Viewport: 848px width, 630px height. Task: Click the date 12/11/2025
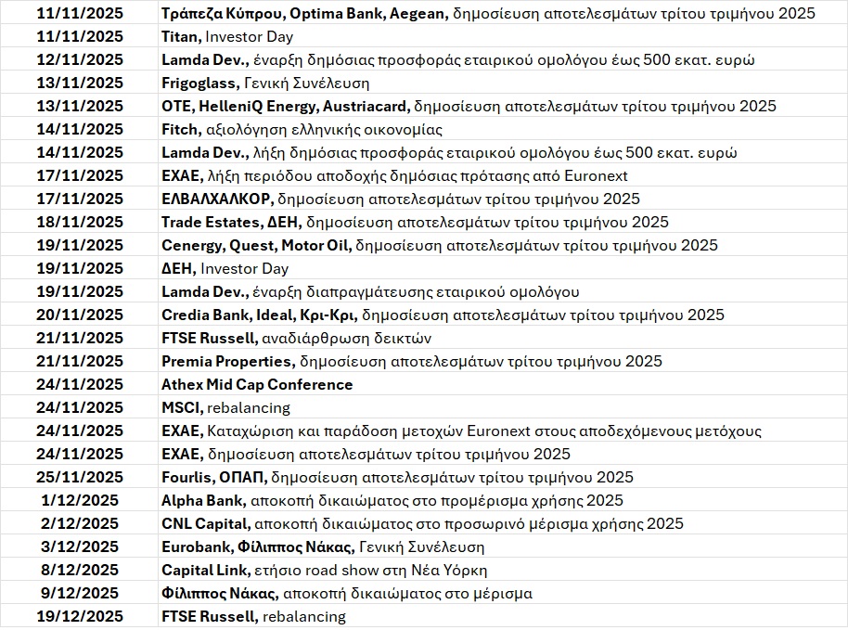coord(79,59)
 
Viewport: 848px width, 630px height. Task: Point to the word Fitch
coord(179,129)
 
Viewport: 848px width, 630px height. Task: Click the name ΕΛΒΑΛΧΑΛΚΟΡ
coord(215,199)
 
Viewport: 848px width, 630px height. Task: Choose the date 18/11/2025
coord(79,222)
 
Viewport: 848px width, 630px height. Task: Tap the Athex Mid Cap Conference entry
coord(257,384)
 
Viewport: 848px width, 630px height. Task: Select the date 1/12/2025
coord(79,500)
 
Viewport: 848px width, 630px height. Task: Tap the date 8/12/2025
coord(79,570)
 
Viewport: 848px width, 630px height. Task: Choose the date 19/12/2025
coord(79,616)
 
